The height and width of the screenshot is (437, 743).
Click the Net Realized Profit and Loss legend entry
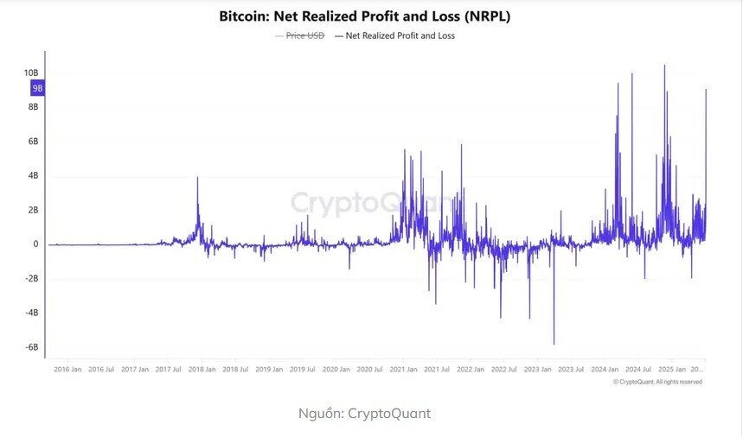400,36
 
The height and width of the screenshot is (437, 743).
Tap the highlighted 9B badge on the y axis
37,88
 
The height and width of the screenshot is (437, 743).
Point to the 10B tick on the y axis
31,73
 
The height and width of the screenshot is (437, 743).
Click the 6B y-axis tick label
33,141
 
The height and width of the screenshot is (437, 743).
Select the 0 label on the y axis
36,244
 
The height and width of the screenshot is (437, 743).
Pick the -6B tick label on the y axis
32,347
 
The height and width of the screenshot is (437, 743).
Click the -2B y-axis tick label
32,278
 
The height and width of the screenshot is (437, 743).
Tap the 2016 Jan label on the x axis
68,370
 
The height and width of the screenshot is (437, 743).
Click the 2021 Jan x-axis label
405,370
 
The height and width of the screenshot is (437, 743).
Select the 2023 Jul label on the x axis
572,370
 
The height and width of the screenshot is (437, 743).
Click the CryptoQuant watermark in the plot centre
370,203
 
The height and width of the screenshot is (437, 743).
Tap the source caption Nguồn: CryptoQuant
364,414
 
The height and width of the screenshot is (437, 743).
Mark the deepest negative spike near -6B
554,344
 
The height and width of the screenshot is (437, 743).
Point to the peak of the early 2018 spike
197,178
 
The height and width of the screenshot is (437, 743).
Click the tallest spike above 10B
664,66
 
